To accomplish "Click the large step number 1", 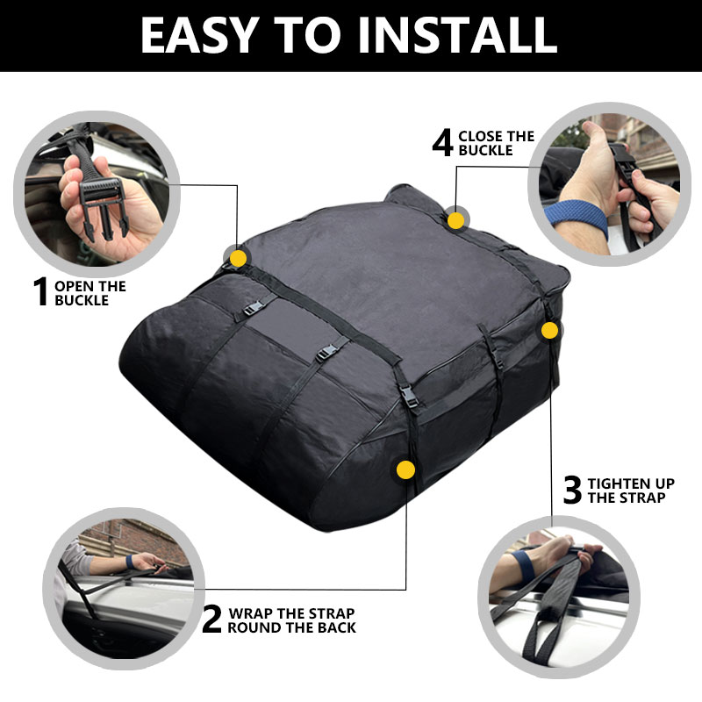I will pyautogui.click(x=40, y=292).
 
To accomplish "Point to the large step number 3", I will pyautogui.click(x=572, y=490).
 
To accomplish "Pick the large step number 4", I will pyautogui.click(x=442, y=142).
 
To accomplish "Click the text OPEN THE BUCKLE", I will pyautogui.click(x=90, y=293).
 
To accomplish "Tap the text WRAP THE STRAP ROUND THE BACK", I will pyautogui.click(x=291, y=620).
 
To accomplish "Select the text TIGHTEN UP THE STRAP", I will pyautogui.click(x=630, y=491).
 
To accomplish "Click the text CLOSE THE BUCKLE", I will pyautogui.click(x=496, y=143).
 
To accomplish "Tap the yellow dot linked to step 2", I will pyautogui.click(x=405, y=469).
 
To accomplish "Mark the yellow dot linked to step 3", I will pyautogui.click(x=549, y=331).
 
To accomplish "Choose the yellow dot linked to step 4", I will pyautogui.click(x=455, y=219).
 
